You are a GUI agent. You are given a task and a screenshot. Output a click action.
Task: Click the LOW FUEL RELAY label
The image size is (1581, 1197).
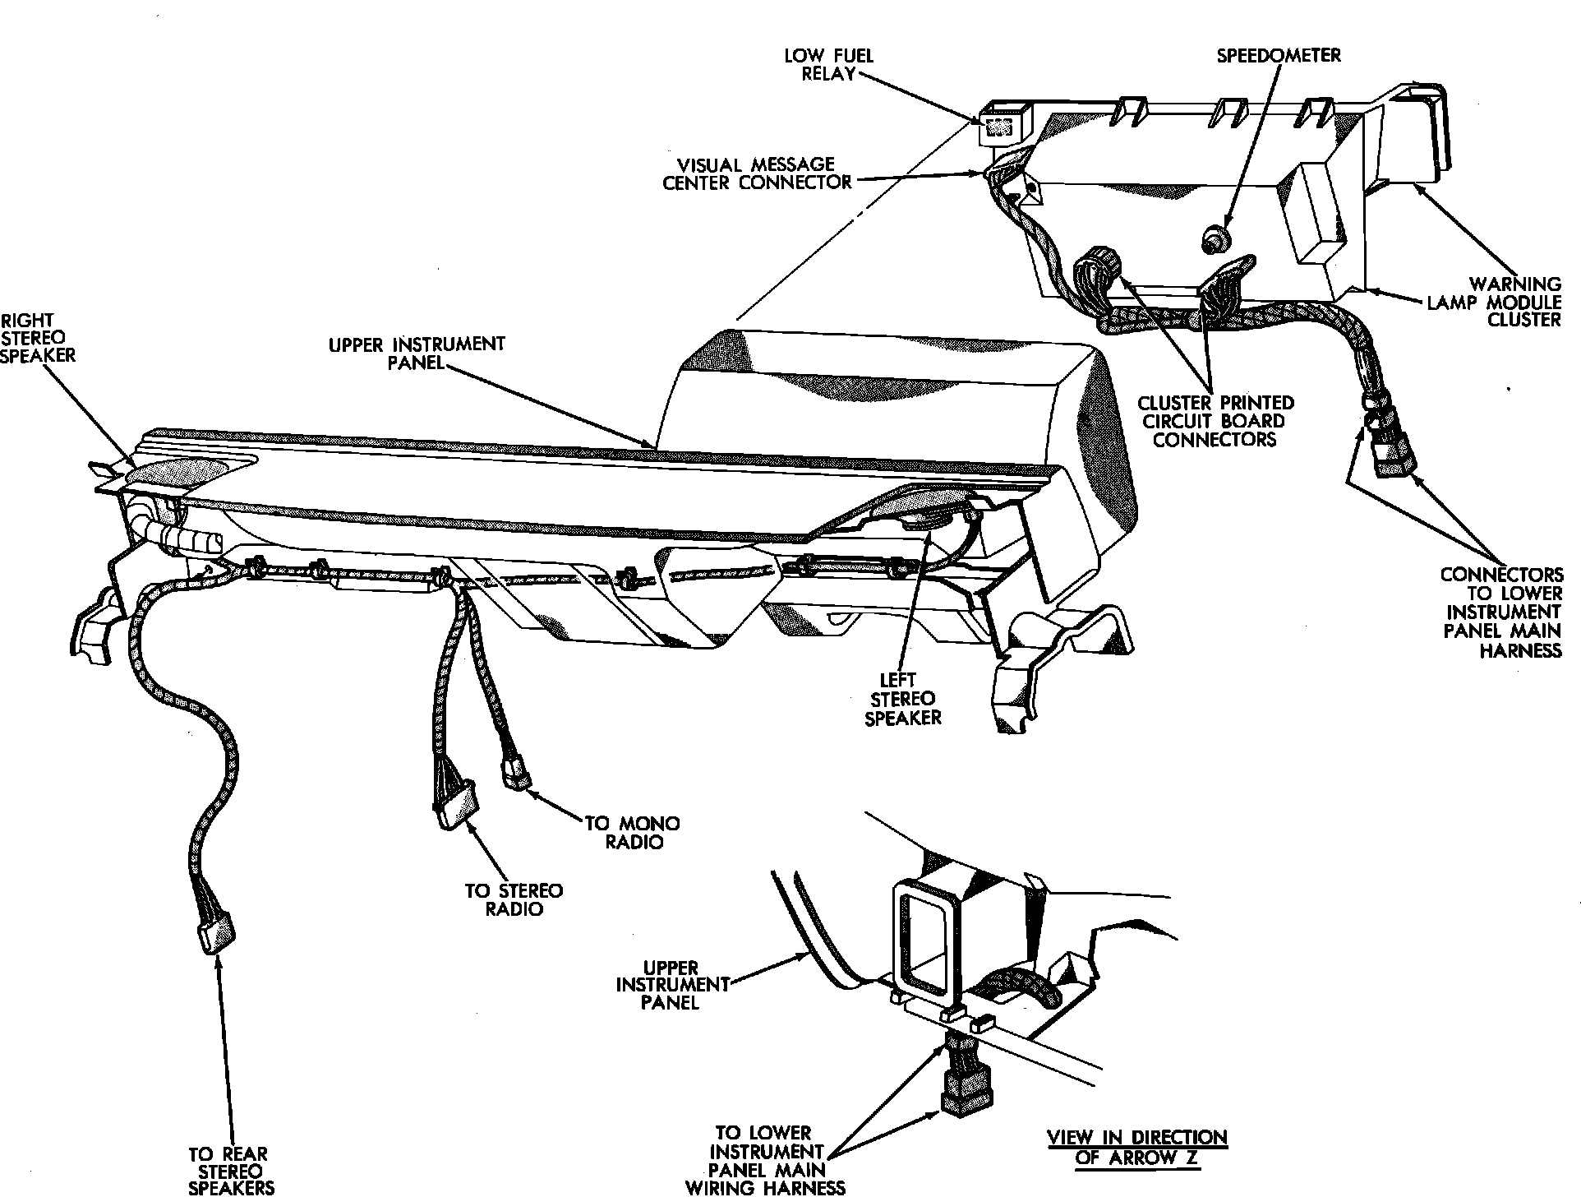pos(828,65)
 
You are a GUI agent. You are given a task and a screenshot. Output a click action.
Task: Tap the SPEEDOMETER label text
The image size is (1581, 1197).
pos(1279,55)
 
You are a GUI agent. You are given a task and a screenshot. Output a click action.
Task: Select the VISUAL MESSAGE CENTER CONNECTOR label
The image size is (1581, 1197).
pos(757,173)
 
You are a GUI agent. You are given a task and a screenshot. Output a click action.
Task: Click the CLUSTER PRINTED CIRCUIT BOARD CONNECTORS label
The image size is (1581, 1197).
pos(1215,421)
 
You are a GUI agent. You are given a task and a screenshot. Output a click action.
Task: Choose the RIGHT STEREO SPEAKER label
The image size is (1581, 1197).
pos(37,338)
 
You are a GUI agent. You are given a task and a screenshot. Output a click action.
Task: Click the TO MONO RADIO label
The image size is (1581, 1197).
pos(631,832)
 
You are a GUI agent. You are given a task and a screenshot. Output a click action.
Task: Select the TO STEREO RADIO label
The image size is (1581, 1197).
pos(514,899)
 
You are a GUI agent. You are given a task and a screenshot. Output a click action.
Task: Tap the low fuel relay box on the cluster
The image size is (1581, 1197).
pos(1001,124)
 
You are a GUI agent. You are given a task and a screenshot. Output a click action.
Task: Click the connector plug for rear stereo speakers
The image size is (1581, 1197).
pos(216,935)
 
